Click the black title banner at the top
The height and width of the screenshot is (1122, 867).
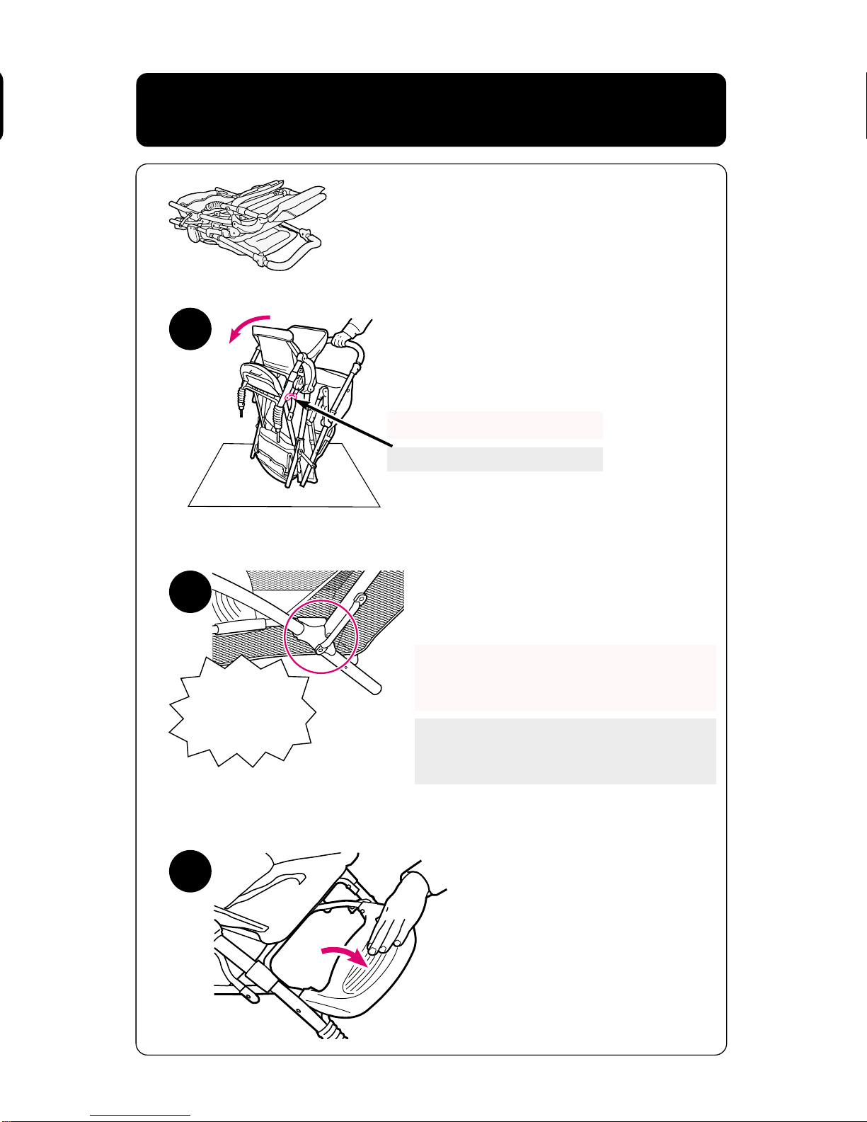(430, 110)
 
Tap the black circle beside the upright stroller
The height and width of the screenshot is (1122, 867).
(190, 330)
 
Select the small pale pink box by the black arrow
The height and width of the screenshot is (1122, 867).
(495, 425)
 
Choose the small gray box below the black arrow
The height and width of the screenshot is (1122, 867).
(495, 459)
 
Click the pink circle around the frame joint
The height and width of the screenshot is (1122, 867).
(322, 635)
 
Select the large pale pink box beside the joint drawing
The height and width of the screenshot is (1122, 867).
(565, 677)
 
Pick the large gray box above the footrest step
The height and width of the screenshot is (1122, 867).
(565, 751)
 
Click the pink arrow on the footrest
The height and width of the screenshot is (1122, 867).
(345, 958)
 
